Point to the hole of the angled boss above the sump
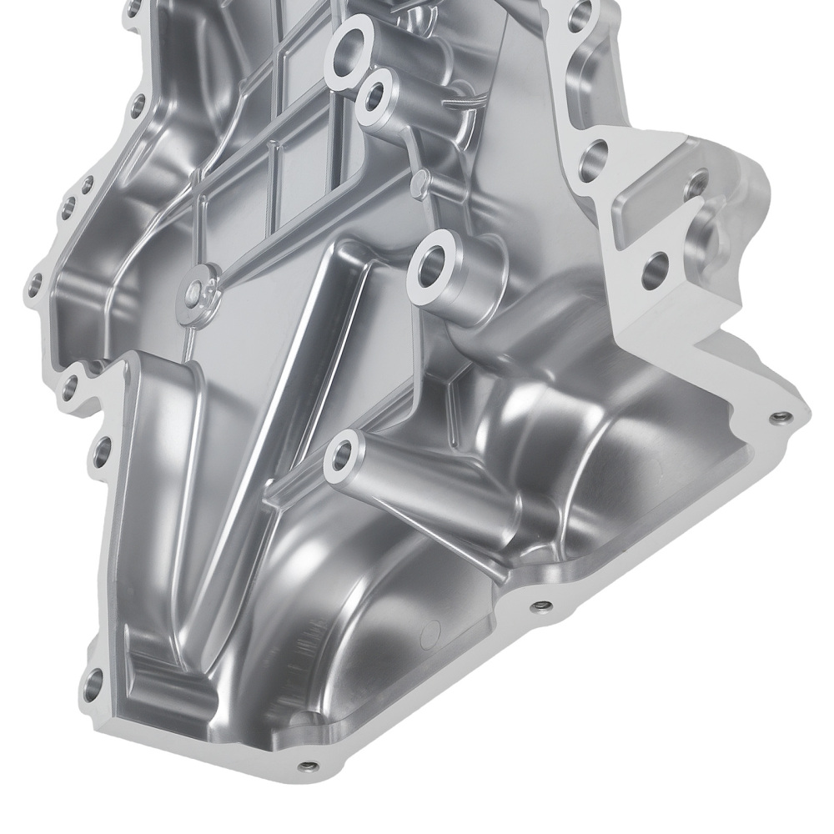(341, 455)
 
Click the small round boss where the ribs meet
(197, 289)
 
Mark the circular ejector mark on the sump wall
(430, 634)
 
